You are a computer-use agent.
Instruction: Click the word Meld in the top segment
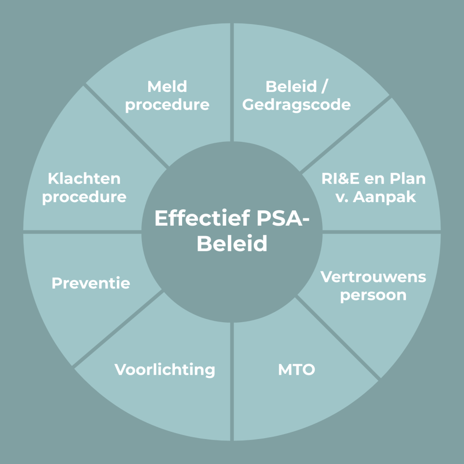[167, 86]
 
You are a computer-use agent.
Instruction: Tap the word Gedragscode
[296, 105]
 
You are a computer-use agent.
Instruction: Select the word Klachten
[84, 179]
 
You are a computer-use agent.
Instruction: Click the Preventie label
[91, 283]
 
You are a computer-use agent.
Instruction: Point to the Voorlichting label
[165, 370]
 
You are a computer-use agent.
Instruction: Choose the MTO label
[296, 370]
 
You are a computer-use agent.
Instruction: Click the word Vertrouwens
[373, 276]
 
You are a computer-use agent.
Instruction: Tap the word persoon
[373, 295]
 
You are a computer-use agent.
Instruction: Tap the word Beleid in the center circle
[232, 244]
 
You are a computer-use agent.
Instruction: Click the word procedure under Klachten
[84, 198]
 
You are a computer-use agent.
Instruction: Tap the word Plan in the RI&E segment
[408, 179]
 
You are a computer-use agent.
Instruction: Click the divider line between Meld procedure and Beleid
[232, 82]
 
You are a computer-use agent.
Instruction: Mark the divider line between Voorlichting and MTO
[232, 381]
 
